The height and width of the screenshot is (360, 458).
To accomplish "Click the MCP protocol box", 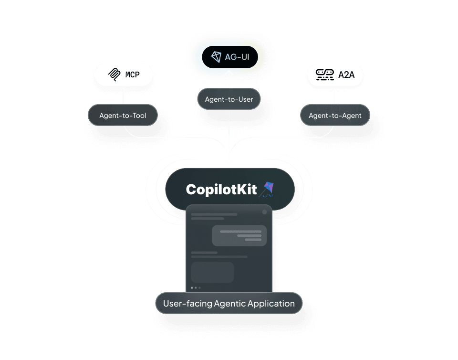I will (x=123, y=75).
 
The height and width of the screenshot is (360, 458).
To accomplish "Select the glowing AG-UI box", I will (x=229, y=57).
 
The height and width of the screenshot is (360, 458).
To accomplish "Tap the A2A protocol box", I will (x=334, y=75).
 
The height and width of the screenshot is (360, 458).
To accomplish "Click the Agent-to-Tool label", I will (x=123, y=116).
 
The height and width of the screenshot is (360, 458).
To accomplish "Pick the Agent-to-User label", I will (x=229, y=99).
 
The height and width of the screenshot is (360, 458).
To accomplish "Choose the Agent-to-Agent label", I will (x=335, y=116).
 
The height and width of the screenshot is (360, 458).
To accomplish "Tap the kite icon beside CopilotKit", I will (x=266, y=189).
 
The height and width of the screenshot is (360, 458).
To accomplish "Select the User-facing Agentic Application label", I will (x=229, y=303).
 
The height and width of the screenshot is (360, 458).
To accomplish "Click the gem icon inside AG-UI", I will (x=216, y=57).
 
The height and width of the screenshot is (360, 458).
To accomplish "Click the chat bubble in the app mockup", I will (x=239, y=235).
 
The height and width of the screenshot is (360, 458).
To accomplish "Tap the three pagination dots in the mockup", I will (x=196, y=288).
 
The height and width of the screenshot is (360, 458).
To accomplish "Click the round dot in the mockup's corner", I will (x=264, y=212).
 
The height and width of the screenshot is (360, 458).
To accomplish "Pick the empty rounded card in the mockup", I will (x=212, y=272).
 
